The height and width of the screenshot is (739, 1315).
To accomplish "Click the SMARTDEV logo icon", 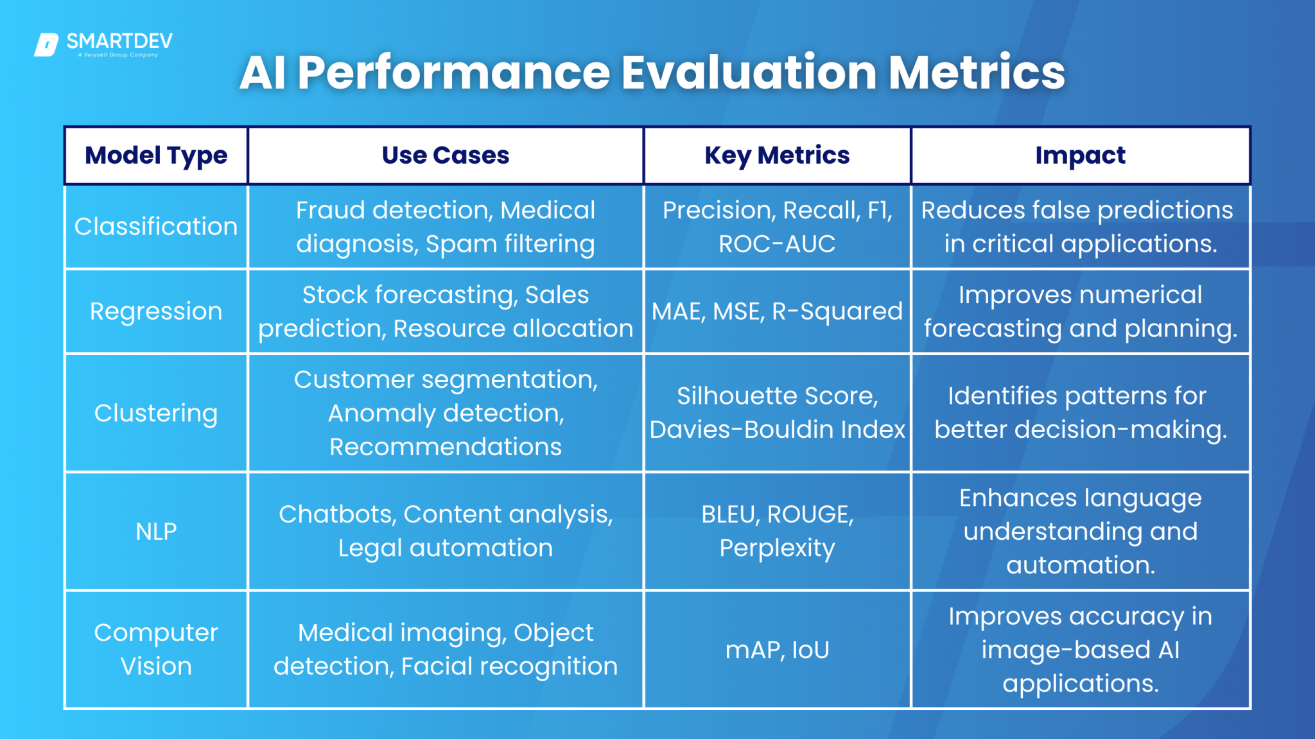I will tap(46, 45).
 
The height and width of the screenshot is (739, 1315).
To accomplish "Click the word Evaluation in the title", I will tap(749, 72).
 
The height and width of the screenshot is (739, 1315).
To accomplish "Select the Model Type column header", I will tap(156, 155).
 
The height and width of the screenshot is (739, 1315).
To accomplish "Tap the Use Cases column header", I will tap(445, 155).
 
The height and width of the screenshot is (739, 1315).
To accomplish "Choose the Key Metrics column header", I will tap(777, 155).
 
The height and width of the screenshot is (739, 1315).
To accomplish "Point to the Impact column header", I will tap(1080, 155).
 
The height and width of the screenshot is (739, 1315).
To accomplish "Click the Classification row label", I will tap(156, 227).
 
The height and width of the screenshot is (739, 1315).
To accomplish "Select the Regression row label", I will tap(156, 311).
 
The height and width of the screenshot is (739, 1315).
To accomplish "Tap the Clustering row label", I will tap(156, 413).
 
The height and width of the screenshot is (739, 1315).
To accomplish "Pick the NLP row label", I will tap(156, 532).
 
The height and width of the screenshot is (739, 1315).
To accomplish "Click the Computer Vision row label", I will tap(156, 649).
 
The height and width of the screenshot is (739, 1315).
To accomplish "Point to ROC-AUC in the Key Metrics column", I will tap(777, 244).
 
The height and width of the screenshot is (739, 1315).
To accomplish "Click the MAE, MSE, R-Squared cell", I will tap(777, 311).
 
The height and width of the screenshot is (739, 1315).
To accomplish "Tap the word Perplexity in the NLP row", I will tap(777, 548).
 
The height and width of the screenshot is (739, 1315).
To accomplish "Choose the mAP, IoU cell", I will tap(777, 650).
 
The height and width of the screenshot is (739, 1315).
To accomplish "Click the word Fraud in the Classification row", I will tap(331, 211).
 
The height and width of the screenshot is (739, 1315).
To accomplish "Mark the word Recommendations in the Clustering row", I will tap(446, 447).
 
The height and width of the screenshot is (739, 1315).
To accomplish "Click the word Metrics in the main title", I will tap(977, 72).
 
